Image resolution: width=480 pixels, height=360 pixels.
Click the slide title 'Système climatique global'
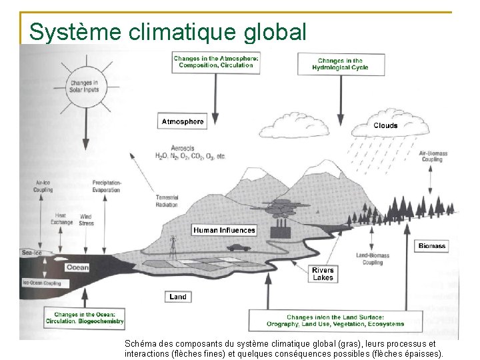click(x=168, y=31)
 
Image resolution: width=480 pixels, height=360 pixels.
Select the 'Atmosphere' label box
click(x=182, y=122)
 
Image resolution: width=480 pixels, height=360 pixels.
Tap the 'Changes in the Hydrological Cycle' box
click(x=340, y=64)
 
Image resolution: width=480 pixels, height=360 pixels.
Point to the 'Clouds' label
click(x=385, y=125)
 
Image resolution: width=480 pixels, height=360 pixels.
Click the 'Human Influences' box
click(x=224, y=230)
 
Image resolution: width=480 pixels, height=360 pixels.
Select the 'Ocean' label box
click(x=77, y=267)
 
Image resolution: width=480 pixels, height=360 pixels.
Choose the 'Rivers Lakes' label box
click(x=323, y=274)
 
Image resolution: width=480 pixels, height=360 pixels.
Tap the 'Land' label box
click(x=178, y=297)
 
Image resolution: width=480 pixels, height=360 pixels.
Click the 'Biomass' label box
click(x=431, y=246)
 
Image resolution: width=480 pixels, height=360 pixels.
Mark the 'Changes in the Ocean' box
click(x=85, y=318)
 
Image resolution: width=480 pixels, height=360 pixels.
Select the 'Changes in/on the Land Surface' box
click(x=345, y=321)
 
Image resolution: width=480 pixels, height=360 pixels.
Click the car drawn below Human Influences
click(x=237, y=247)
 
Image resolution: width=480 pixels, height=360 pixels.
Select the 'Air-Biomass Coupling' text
click(x=433, y=156)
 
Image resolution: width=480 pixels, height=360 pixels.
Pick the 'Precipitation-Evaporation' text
click(x=106, y=186)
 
